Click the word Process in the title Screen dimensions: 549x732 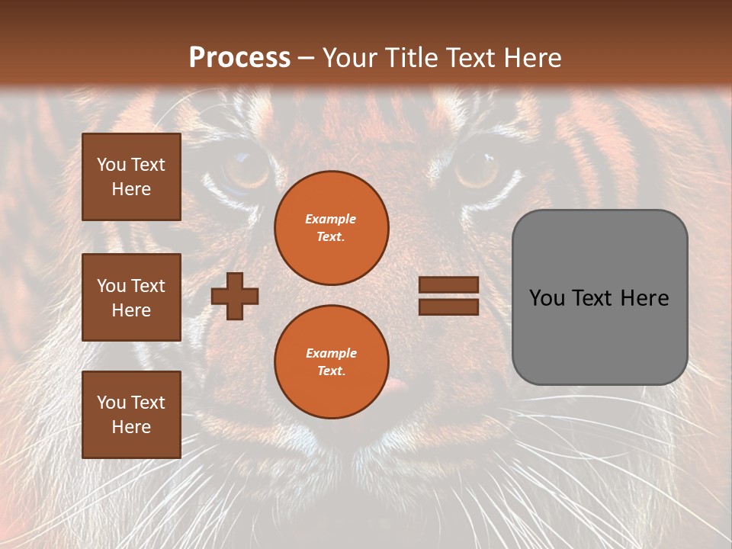click(x=239, y=58)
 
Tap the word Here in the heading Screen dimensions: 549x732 click(x=533, y=58)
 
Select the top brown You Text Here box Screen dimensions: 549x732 click(x=131, y=177)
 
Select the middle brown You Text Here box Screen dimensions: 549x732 click(x=131, y=297)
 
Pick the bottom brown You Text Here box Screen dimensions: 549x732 click(x=131, y=415)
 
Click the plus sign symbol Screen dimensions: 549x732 click(x=235, y=295)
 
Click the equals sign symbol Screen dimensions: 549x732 click(x=448, y=296)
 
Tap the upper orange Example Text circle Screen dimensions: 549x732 click(x=331, y=228)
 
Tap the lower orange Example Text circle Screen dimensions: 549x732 click(x=331, y=362)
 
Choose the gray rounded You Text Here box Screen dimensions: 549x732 click(x=599, y=297)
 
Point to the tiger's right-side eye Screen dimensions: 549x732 click(x=477, y=168)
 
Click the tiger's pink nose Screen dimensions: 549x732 click(x=396, y=385)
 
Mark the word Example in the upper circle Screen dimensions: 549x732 click(x=331, y=220)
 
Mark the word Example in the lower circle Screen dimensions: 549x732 click(x=331, y=354)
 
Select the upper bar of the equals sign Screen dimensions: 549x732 click(x=448, y=285)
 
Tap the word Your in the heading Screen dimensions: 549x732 click(x=348, y=58)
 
